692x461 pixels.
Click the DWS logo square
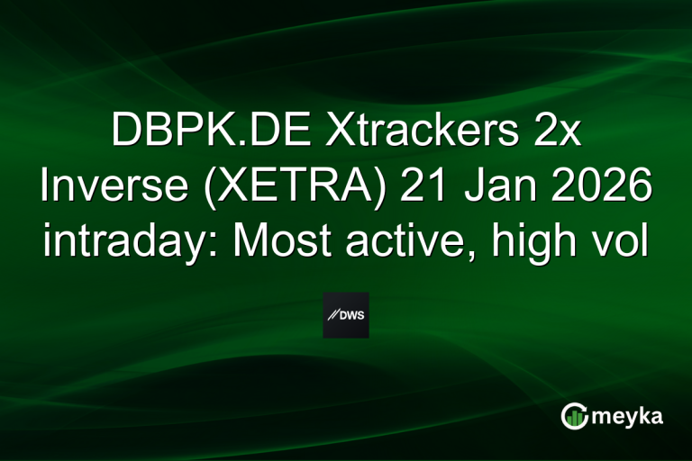(x=346, y=315)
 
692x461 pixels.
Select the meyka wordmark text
(x=626, y=416)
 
